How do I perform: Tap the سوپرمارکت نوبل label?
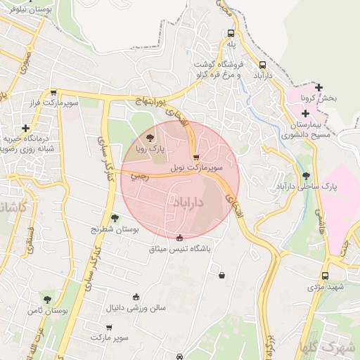200,169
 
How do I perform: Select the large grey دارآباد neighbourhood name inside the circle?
188,202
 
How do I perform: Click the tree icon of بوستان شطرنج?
115,218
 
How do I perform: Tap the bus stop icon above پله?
231,33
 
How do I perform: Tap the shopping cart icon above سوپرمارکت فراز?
54,92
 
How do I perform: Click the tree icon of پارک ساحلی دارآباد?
305,176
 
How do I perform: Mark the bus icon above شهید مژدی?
324,276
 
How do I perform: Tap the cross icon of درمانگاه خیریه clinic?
26,129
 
